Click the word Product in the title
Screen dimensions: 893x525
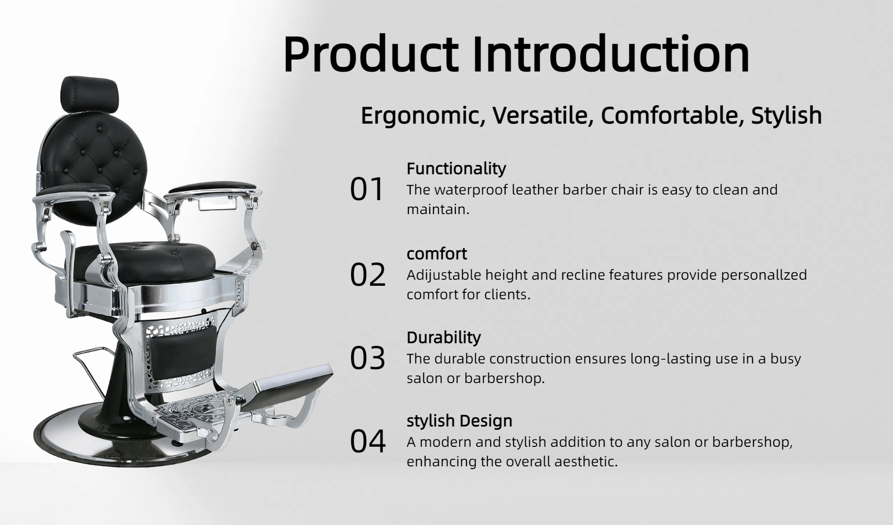pyautogui.click(x=371, y=54)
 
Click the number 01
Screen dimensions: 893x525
pyautogui.click(x=367, y=189)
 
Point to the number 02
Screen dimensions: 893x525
pyautogui.click(x=367, y=275)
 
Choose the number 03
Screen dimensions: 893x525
pyautogui.click(x=367, y=358)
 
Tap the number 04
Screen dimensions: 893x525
pyautogui.click(x=367, y=441)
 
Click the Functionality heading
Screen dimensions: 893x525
pyautogui.click(x=456, y=168)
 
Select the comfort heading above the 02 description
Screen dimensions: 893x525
pyautogui.click(x=437, y=254)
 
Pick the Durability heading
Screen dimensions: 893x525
pyautogui.click(x=444, y=337)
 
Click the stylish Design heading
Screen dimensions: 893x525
pyautogui.click(x=460, y=421)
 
